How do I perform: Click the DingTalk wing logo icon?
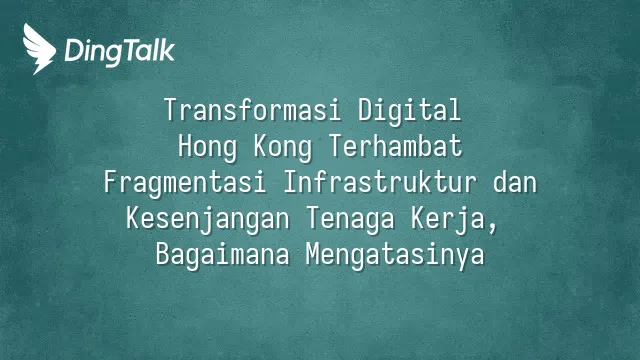point(39,49)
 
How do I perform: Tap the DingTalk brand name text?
point(120,52)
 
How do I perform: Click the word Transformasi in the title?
point(252,110)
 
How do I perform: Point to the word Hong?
point(207,147)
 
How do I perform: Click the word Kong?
point(282,147)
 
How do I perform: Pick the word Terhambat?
point(396,146)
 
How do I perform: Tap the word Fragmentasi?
point(184,183)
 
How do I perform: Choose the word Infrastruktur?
point(380,182)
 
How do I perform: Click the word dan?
point(515,182)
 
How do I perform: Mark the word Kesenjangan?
point(208,220)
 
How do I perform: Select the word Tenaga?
point(350,220)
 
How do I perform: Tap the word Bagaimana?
point(222,256)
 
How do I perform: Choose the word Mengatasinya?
point(395,256)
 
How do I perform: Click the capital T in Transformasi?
point(172,109)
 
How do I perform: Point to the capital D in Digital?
point(365,109)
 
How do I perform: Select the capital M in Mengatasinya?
point(313,254)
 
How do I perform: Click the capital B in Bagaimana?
point(163,254)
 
